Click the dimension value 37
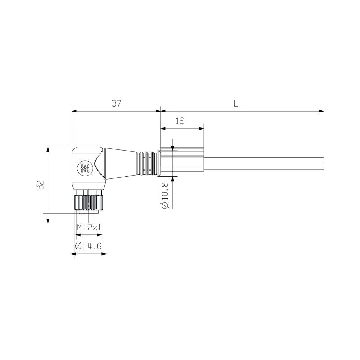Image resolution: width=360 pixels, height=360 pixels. [x=117, y=103]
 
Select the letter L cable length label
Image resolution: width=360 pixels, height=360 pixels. [x=236, y=103]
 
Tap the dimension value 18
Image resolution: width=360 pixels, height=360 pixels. [x=180, y=121]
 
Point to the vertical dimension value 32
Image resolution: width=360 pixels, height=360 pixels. [x=40, y=185]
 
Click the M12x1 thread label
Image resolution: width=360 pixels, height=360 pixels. [x=89, y=228]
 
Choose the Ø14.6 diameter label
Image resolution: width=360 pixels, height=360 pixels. [x=89, y=246]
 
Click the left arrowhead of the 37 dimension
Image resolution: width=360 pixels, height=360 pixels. [x=74, y=111]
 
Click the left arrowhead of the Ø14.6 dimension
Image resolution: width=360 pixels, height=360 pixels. [x=75, y=254]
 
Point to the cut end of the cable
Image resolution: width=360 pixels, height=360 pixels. [x=323, y=164]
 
